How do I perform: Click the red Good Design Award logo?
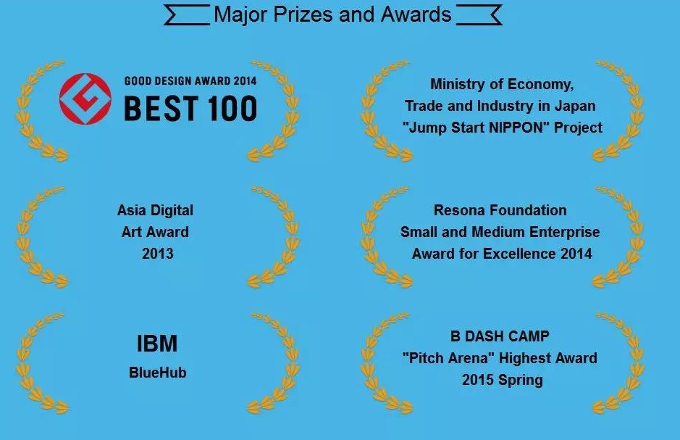pos(85,99)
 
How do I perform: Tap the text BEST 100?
pos(190,109)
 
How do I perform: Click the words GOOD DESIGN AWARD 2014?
pos(190,80)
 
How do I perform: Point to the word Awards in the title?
pos(416,14)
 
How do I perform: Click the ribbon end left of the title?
pos(187,15)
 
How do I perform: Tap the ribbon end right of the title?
pos(479,15)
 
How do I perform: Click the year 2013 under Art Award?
pos(158,254)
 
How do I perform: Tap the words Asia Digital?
pos(155,211)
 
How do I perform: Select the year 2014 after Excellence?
pos(576,254)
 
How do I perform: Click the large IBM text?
pos(157,344)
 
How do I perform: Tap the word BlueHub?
pos(158,373)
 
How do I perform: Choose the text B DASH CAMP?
pos(500,336)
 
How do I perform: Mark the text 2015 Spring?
pos(502,381)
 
